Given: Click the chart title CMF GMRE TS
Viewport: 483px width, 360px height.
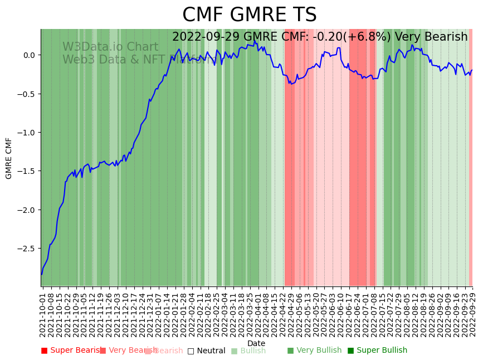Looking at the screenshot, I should pyautogui.click(x=249, y=15).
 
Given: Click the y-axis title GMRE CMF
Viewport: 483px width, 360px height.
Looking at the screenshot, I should pyautogui.click(x=9, y=158).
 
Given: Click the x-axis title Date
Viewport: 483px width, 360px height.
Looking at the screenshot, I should pyautogui.click(x=256, y=343).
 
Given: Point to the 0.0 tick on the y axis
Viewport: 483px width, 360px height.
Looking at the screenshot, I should pyautogui.click(x=28, y=55).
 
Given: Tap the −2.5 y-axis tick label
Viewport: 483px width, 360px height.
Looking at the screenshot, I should pyautogui.click(x=26, y=249).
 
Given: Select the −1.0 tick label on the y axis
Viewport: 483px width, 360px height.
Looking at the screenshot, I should pyautogui.click(x=26, y=133).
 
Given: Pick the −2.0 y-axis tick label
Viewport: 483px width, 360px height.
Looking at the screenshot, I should pyautogui.click(x=26, y=210).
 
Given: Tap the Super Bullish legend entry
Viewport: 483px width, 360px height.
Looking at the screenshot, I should pyautogui.click(x=377, y=351).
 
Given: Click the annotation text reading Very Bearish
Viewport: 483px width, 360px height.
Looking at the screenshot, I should pyautogui.click(x=431, y=37).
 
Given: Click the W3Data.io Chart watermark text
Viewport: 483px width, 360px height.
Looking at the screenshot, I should pyautogui.click(x=110, y=47).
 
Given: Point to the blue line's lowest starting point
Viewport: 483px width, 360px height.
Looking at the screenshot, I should pyautogui.click(x=41, y=274).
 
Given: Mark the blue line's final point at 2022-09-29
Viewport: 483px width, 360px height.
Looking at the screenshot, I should pyautogui.click(x=472, y=70).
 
